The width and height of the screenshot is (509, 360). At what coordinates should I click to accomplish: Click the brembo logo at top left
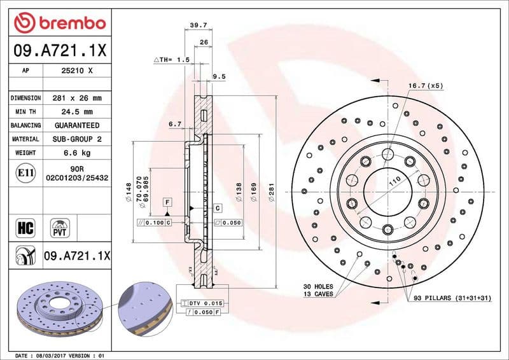click(59, 24)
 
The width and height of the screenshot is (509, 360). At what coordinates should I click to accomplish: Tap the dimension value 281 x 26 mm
click(76, 99)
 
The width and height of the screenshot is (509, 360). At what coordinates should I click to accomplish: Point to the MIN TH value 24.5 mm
click(76, 112)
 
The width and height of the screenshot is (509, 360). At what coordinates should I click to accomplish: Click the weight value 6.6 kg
click(76, 153)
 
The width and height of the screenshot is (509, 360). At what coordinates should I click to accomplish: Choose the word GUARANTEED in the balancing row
click(76, 126)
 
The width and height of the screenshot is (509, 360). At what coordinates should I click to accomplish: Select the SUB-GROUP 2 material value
click(76, 139)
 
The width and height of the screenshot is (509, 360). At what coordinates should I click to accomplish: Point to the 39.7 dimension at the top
click(199, 25)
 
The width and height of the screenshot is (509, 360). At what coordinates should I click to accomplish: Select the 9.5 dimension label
click(219, 76)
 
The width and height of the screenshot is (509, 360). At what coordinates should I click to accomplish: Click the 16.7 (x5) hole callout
click(425, 85)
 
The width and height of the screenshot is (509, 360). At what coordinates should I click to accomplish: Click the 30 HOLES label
click(318, 287)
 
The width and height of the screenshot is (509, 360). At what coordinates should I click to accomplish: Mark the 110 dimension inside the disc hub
click(394, 182)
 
